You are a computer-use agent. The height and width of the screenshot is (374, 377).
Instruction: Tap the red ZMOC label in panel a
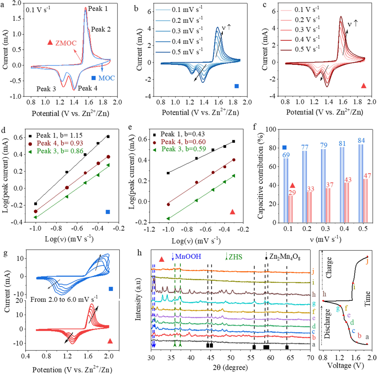point(67,43)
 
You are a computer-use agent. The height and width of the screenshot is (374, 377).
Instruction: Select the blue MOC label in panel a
point(108,78)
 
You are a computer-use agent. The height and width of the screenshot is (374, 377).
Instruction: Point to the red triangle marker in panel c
point(364,86)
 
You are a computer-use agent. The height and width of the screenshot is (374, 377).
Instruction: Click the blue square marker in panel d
point(108,212)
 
